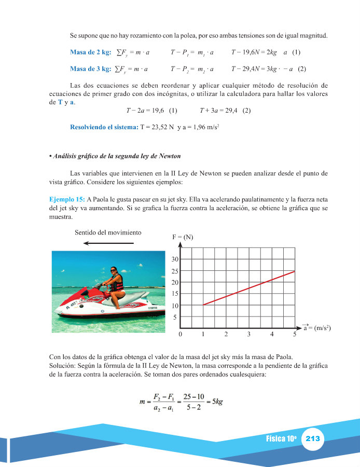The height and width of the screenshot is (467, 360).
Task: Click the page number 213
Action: click(313, 439)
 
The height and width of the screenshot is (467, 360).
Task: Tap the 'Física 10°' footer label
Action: click(281, 439)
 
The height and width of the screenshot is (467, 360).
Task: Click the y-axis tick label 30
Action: click(175, 259)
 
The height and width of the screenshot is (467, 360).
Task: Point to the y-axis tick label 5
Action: click(175, 317)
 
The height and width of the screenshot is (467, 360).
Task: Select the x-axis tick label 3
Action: click(249, 334)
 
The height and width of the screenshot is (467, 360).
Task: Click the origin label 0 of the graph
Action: click(180, 334)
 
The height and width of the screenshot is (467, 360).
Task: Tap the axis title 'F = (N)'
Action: click(183, 237)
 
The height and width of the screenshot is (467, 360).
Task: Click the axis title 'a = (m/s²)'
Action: click(317, 328)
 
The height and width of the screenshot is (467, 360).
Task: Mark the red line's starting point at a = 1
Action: click(203, 305)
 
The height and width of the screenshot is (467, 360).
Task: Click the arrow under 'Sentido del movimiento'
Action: click(108, 243)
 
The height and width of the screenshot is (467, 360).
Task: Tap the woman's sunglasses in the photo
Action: click(113, 270)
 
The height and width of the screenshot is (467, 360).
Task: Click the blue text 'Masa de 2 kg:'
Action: click(90, 52)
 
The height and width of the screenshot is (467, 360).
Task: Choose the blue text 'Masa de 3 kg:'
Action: click(90, 68)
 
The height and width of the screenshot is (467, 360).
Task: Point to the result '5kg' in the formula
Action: click(215, 402)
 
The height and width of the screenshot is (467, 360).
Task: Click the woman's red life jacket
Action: click(118, 283)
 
